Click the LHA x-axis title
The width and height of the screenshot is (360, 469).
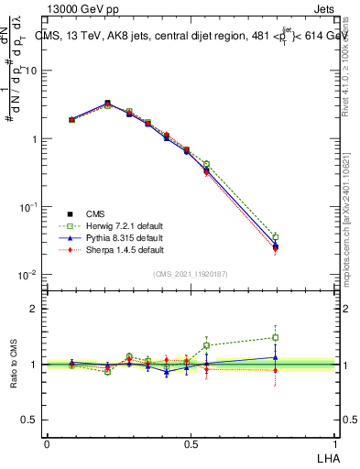pyautogui.click(x=326, y=457)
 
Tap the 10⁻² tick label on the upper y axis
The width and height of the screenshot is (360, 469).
pyautogui.click(x=28, y=275)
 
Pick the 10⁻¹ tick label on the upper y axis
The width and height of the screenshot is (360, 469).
pyautogui.click(x=28, y=207)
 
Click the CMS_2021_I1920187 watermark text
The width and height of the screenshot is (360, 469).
pyautogui.click(x=190, y=272)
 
